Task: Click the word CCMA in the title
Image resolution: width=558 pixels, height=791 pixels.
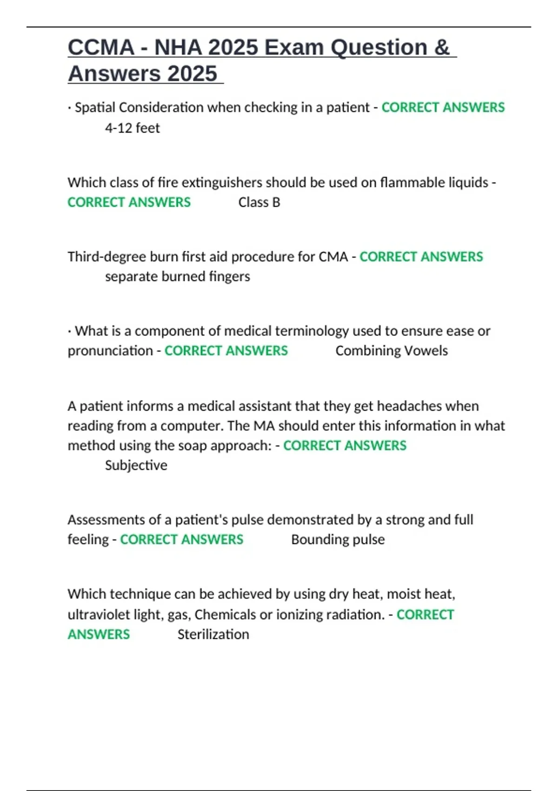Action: tap(101, 47)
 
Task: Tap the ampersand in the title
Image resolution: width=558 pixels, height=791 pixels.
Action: tap(442, 47)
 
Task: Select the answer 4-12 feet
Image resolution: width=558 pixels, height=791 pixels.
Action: tap(132, 128)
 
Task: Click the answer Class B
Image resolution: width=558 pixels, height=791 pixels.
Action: tap(259, 202)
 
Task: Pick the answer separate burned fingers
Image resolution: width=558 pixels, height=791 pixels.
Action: tap(177, 276)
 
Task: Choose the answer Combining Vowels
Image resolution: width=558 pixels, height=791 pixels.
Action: tap(392, 351)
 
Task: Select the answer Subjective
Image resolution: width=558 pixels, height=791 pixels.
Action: tap(136, 465)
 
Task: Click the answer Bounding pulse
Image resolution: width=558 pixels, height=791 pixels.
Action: tap(338, 540)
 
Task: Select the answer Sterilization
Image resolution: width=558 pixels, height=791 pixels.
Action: tap(213, 635)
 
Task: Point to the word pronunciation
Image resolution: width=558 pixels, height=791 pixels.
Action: tap(110, 351)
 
